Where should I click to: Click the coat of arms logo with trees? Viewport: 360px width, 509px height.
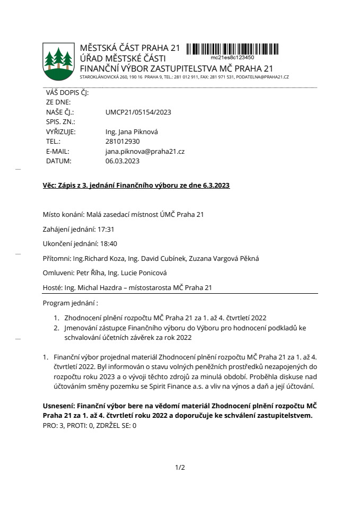tap(58, 60)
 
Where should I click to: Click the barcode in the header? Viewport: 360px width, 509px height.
tap(232, 49)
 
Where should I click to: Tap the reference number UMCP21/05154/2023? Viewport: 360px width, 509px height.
tap(138, 112)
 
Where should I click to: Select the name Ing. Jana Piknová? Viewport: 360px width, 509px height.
tap(132, 131)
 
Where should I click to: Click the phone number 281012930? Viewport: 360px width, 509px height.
tap(122, 142)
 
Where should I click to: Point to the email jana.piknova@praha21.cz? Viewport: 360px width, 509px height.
tap(145, 151)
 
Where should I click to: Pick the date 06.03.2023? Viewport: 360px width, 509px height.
tap(122, 161)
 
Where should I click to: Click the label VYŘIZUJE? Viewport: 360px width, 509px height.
tap(61, 131)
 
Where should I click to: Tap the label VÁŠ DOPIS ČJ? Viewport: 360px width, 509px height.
tap(67, 92)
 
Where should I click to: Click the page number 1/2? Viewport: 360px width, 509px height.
tap(180, 467)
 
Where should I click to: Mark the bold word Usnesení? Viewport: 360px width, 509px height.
tap(59, 405)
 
